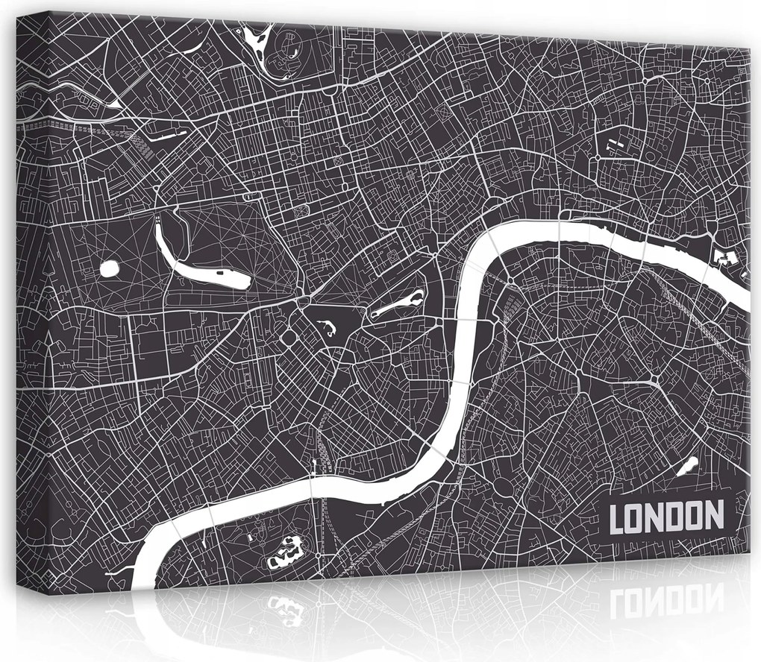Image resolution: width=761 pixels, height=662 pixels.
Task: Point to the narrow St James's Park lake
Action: pyautogui.click(x=395, y=302)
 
